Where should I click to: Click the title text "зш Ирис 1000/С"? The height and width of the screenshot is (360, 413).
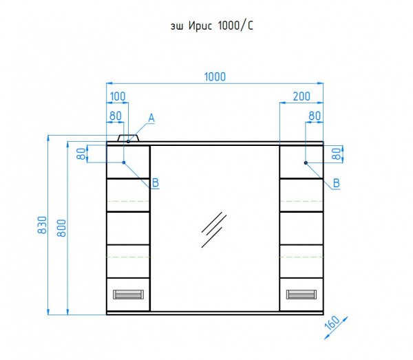tap(212, 25)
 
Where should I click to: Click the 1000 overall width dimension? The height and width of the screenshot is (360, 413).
tap(215, 77)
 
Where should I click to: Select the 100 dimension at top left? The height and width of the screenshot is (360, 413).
tap(118, 96)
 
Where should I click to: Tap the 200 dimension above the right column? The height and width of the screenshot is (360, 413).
tap(301, 96)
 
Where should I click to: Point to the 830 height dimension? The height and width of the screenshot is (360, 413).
tap(42, 225)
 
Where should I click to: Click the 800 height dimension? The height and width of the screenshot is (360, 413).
tap(62, 228)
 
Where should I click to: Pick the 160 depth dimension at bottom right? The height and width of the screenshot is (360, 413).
tap(332, 323)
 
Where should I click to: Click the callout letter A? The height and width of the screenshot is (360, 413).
tap(151, 118)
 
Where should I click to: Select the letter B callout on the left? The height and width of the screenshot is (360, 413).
tap(156, 182)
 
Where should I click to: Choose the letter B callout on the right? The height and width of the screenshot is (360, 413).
tap(337, 183)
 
